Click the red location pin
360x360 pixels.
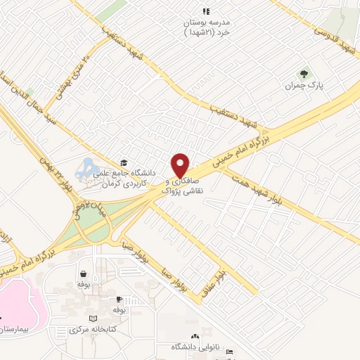click(180, 165)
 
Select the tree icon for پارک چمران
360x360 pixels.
click(304, 73)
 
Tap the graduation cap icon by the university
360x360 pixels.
click(124, 163)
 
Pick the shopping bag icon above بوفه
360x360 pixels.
click(84, 274)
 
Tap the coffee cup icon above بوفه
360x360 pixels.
click(119, 299)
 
